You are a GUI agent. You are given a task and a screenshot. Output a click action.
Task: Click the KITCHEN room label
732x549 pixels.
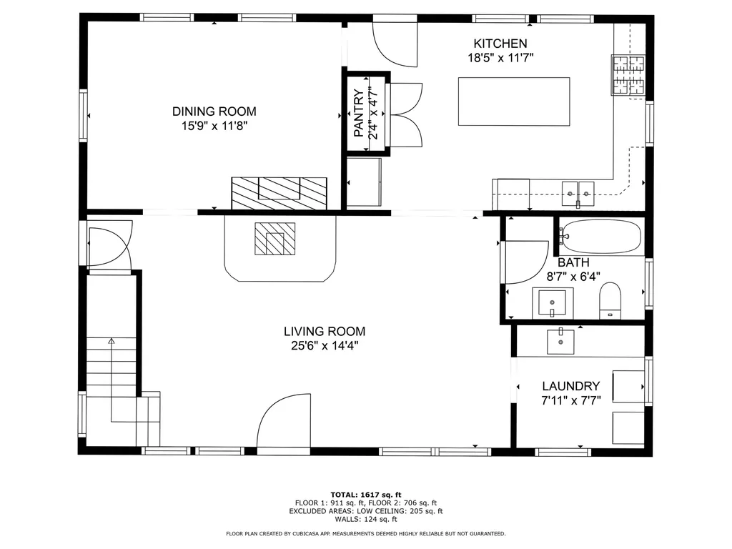[500, 44]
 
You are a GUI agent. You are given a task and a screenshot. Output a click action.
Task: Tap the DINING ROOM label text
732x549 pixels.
[214, 112]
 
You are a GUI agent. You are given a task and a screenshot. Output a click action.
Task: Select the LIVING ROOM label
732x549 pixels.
[325, 332]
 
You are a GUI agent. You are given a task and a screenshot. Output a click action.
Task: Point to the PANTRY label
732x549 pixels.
[359, 112]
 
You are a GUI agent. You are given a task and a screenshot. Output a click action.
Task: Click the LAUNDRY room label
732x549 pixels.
[570, 386]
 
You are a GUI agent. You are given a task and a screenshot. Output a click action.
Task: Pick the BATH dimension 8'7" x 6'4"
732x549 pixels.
[574, 276]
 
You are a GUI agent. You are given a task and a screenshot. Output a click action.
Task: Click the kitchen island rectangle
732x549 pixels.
[514, 101]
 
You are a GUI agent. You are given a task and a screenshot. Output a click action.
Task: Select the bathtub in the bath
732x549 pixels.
[600, 235]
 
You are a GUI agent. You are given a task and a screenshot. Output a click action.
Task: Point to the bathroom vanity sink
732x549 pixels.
[553, 302]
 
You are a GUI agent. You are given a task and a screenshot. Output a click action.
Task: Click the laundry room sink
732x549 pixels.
[560, 341]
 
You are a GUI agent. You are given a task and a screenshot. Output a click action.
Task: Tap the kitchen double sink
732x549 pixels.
[577, 191]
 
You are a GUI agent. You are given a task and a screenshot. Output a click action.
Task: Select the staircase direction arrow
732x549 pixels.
[111, 342]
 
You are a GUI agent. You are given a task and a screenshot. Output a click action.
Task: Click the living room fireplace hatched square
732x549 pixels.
[275, 239]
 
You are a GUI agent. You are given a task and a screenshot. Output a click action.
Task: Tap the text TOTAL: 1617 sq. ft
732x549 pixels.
[366, 494]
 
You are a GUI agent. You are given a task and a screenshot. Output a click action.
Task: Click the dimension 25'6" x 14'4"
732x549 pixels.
[325, 346]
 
